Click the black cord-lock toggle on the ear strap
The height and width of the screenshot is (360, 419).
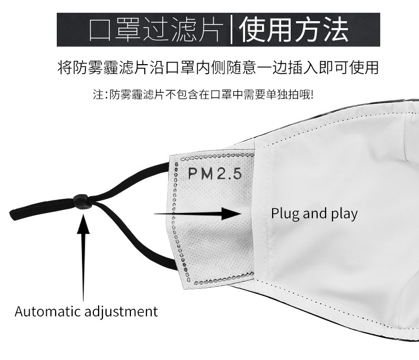pos(82,201)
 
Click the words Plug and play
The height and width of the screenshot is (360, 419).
pos(314,214)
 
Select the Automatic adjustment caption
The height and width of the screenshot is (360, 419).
pos(86,311)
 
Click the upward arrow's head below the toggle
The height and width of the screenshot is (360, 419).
pos(83,223)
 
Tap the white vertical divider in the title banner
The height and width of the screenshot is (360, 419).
pos(231,29)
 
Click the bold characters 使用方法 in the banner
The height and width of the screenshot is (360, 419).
pos(294,30)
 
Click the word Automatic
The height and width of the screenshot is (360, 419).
pos(48,311)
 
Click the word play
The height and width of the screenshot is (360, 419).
pos(345,214)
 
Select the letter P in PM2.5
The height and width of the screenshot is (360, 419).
pos(192,174)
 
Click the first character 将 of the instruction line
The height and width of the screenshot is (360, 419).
pos(64,68)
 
